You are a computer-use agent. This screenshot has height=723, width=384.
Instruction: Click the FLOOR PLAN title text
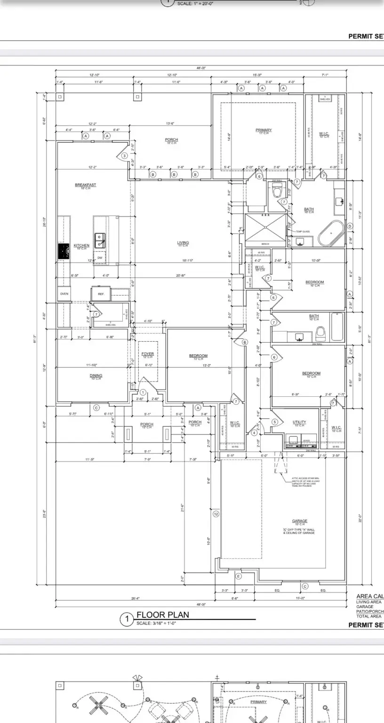(x=162, y=615)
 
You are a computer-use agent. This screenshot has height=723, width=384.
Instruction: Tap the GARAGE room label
(x=299, y=521)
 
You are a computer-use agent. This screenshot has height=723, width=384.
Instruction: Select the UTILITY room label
(x=299, y=422)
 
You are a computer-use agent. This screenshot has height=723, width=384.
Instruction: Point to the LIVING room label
(x=183, y=243)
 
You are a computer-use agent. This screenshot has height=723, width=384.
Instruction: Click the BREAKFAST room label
(x=85, y=185)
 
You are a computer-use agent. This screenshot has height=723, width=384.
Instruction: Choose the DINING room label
(x=96, y=376)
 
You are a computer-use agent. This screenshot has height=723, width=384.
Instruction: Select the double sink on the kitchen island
(x=100, y=241)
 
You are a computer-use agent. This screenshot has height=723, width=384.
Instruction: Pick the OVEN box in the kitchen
(x=64, y=294)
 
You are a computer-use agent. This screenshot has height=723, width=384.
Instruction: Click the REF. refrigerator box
(x=101, y=294)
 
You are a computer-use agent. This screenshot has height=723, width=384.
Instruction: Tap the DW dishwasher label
(x=100, y=257)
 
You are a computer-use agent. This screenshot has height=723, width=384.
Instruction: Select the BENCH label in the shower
(x=265, y=244)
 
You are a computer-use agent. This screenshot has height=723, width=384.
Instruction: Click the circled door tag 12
(x=216, y=514)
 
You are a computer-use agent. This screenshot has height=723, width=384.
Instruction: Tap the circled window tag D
(x=350, y=226)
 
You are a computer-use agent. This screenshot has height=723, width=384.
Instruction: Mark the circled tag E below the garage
(x=238, y=576)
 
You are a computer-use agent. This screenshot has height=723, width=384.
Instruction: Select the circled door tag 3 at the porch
(x=125, y=156)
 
